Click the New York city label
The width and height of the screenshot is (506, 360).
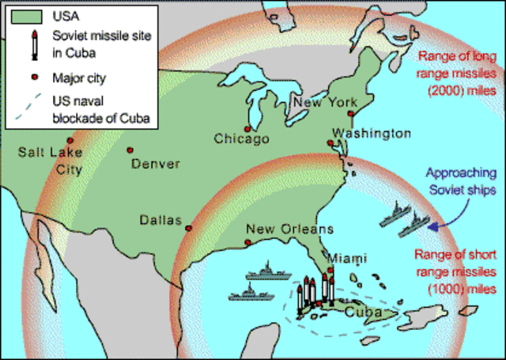[x=324, y=103]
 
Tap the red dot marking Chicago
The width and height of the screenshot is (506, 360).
[x=248, y=128]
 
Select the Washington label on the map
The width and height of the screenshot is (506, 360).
[x=371, y=133]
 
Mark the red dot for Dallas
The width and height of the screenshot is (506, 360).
[x=188, y=228]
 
